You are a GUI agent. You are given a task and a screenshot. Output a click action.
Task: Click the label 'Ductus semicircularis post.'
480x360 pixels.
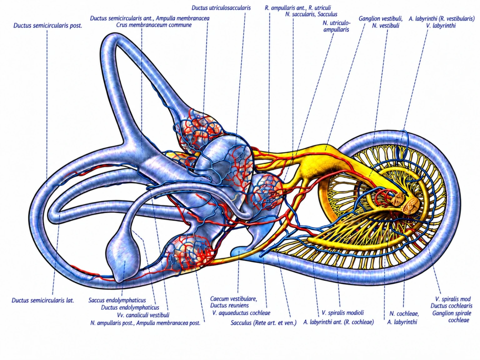pos(48,26)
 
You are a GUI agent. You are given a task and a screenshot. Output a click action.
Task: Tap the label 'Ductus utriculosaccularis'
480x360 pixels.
pos(221,8)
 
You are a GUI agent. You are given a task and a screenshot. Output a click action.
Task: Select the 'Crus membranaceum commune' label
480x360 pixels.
pos(154,25)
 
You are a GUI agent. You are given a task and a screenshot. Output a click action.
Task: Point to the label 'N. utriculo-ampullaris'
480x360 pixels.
pos(336,26)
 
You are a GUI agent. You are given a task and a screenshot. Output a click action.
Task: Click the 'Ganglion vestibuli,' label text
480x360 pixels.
pos(381,19)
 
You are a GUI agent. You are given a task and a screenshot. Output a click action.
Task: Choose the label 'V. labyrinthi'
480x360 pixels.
pos(441,26)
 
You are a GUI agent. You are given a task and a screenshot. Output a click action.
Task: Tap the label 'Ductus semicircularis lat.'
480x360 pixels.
pos(43,300)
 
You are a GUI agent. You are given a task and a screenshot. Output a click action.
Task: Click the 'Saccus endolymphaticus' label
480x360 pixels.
pos(117,300)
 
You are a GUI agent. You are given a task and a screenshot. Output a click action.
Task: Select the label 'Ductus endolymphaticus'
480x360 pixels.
pos(130,307)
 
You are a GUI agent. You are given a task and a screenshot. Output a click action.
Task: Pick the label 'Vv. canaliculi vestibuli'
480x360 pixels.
pos(143,315)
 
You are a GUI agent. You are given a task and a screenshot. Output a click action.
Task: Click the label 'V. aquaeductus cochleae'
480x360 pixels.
pos(241,313)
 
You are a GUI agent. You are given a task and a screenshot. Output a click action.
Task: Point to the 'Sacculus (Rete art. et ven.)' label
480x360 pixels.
pos(263,323)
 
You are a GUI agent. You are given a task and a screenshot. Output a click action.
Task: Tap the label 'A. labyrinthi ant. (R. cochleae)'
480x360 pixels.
pos(338,322)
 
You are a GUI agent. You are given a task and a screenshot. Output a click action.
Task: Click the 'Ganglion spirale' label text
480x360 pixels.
pos(452,313)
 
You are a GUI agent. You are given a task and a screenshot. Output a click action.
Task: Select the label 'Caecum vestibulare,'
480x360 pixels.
pos(233,298)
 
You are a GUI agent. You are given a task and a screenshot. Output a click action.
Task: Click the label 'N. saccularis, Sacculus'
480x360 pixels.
pos(311,14)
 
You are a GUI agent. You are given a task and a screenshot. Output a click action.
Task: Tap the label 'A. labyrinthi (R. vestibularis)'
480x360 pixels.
pos(442,19)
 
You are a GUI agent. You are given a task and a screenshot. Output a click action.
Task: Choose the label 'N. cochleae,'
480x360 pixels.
pos(404,314)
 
